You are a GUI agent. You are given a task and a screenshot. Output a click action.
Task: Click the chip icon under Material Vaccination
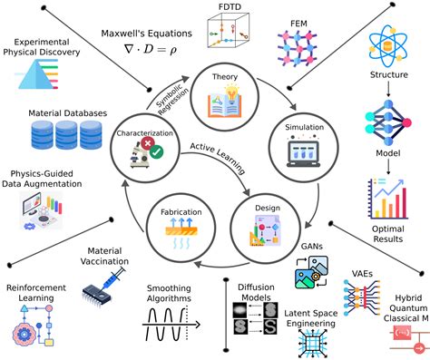103,290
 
